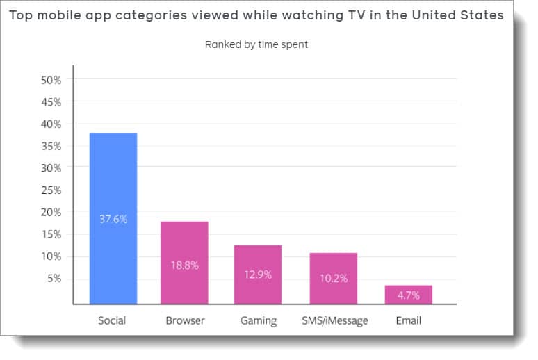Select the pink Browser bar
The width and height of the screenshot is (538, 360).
coord(184,243)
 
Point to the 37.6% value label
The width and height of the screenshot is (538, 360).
coord(113,219)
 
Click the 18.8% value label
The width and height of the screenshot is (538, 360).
coord(184,265)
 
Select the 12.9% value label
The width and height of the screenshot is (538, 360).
coord(258,275)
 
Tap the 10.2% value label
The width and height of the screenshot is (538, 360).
coord(333,278)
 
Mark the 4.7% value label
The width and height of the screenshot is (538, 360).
coord(408,295)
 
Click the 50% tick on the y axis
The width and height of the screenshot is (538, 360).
coord(51,80)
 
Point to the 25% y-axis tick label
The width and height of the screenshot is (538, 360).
coord(51,190)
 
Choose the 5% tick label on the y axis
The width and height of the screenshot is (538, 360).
coord(54,279)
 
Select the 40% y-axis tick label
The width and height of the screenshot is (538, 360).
coord(51,124)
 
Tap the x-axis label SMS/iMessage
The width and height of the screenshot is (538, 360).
coord(334,320)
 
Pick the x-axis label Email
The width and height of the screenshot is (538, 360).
coord(408,320)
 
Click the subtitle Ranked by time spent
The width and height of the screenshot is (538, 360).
coord(256,44)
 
